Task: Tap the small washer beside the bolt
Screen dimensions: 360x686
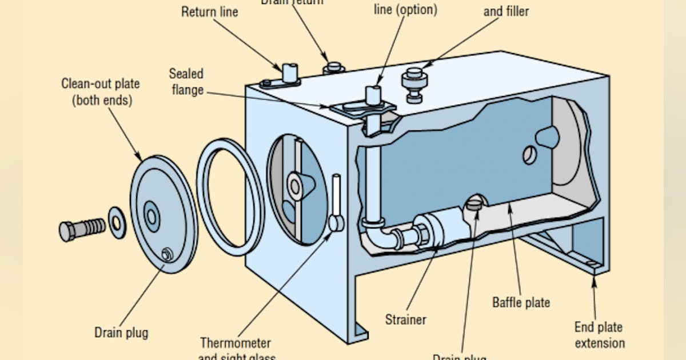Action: point(118,223)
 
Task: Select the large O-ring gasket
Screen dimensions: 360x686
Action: point(230,197)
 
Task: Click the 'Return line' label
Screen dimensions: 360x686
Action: point(210,11)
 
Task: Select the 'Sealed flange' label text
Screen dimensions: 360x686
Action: point(186,82)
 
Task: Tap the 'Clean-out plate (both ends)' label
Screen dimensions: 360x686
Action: point(101,91)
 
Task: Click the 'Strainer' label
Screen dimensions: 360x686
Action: point(405,319)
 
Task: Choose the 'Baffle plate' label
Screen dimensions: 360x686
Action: point(521,302)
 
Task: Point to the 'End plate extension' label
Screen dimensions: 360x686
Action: point(599,335)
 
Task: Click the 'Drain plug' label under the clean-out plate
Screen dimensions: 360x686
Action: point(121,332)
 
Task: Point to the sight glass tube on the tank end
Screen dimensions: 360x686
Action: point(336,197)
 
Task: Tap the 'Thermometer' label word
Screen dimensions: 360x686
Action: point(236,343)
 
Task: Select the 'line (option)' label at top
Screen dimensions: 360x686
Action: point(405,10)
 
